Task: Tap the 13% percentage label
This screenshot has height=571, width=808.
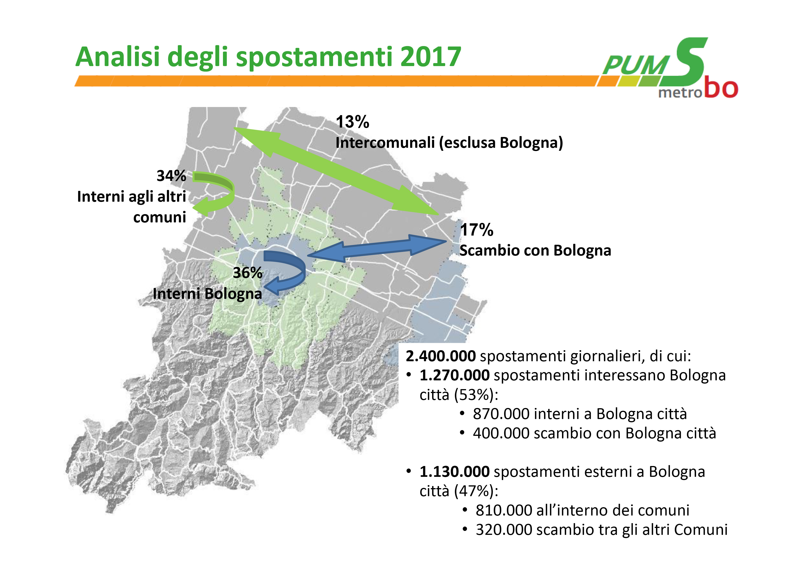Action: tap(352, 122)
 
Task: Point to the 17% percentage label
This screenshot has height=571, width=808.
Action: tap(477, 230)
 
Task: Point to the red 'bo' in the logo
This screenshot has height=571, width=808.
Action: tap(721, 88)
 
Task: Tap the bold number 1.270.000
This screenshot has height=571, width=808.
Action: tap(454, 375)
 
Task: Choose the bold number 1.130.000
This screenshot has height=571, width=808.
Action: tap(454, 472)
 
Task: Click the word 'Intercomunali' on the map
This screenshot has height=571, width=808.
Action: tap(385, 143)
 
